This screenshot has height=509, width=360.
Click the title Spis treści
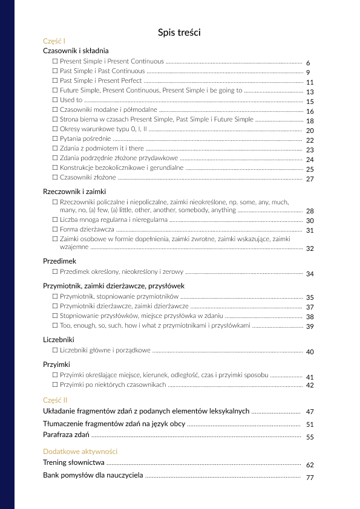179,32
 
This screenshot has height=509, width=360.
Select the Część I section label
54,41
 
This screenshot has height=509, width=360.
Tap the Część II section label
55,400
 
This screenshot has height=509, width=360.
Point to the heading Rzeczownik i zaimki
74,191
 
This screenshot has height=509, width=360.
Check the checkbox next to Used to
55,100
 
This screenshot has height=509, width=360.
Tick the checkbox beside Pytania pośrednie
55,139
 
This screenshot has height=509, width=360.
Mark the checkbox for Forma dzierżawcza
55,230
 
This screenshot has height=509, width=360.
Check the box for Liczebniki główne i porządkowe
55,350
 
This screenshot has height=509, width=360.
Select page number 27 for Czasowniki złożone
310,180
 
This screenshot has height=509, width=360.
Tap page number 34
310,274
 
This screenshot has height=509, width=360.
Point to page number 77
310,478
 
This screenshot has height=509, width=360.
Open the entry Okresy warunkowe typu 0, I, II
103,129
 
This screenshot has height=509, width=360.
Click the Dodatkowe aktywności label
80,452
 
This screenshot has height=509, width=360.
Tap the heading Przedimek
59,261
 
